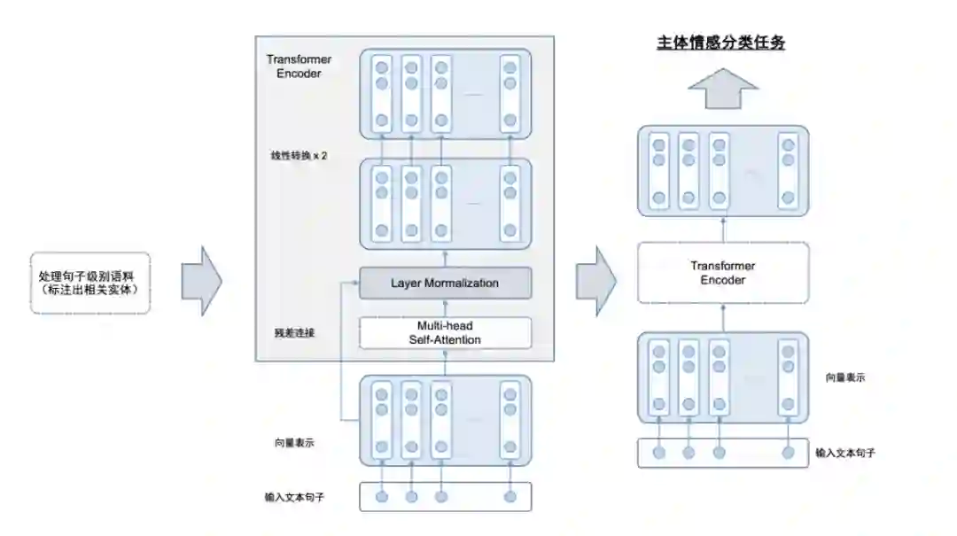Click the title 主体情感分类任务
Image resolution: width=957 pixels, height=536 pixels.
pyautogui.click(x=720, y=43)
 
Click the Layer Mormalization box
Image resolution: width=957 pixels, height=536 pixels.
pyautogui.click(x=445, y=284)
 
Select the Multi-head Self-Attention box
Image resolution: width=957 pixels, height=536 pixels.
pyautogui.click(x=445, y=333)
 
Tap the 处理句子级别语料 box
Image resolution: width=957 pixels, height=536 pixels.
pyautogui.click(x=90, y=283)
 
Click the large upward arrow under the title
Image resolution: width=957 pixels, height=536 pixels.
pyautogui.click(x=723, y=88)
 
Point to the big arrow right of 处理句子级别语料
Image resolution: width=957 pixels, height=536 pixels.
pyautogui.click(x=201, y=282)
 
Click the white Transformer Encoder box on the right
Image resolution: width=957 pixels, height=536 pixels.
pyautogui.click(x=723, y=273)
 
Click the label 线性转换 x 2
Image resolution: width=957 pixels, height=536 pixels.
pyautogui.click(x=299, y=155)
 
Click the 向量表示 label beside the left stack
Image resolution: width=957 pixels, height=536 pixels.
pyautogui.click(x=294, y=442)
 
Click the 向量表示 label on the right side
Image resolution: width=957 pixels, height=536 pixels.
pyautogui.click(x=844, y=377)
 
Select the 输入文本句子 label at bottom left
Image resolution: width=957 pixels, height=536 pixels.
pyautogui.click(x=294, y=497)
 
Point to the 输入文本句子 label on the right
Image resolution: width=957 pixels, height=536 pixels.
pyautogui.click(x=847, y=453)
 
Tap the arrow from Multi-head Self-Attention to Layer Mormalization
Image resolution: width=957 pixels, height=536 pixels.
pyautogui.click(x=445, y=307)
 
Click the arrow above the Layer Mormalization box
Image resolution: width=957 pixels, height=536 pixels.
pyautogui.click(x=445, y=258)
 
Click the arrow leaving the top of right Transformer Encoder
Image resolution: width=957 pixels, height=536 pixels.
pyautogui.click(x=723, y=229)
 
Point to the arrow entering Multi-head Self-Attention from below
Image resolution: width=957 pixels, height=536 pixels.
pyautogui.click(x=445, y=361)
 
